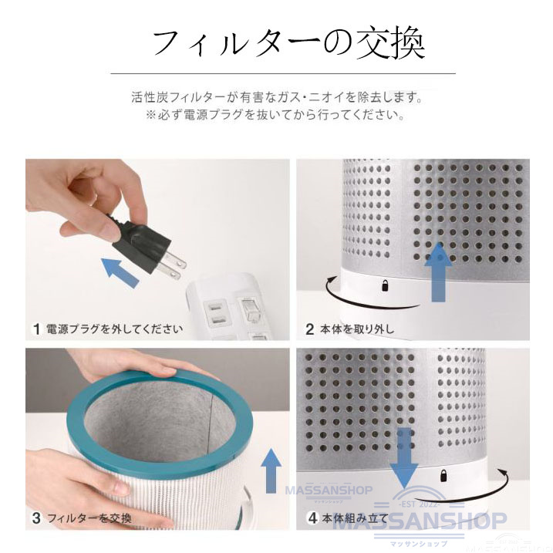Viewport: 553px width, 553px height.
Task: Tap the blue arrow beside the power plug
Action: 122,271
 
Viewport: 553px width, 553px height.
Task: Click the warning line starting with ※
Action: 275,116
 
